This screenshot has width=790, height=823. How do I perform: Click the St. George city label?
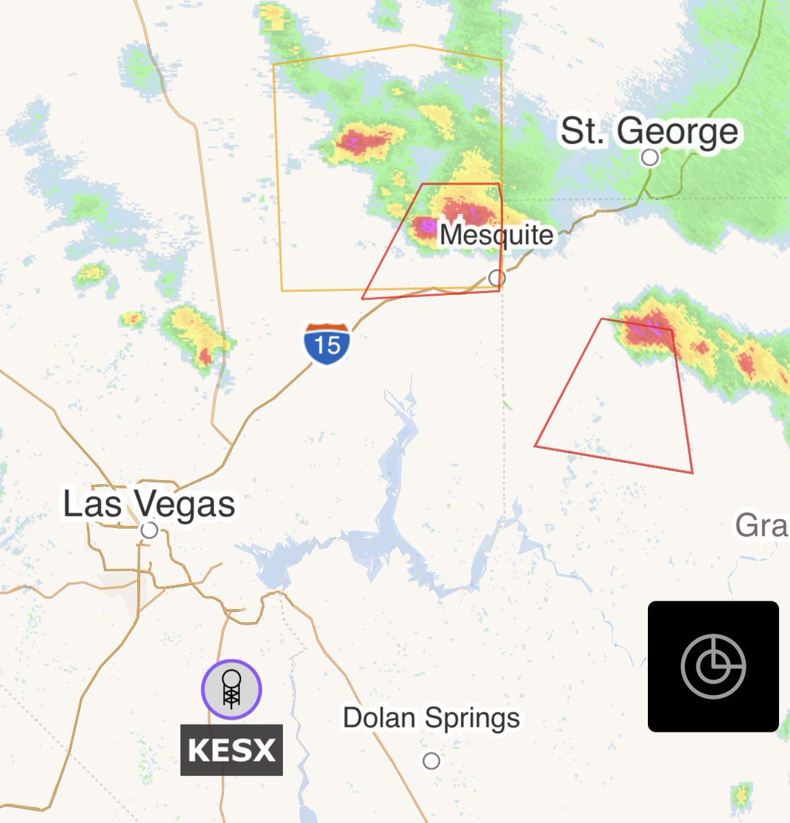[x=649, y=130]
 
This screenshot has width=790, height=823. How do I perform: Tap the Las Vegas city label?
[x=149, y=504]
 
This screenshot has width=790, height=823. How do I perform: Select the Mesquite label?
[x=496, y=235]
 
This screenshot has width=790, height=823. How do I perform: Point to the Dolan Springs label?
[x=431, y=718]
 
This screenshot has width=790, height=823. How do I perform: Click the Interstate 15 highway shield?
[x=327, y=343]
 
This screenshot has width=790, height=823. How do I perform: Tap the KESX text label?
[x=231, y=750]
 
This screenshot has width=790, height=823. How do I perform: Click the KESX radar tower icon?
[x=231, y=689]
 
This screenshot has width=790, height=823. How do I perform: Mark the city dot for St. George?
[x=649, y=158]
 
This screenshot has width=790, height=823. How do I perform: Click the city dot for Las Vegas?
[x=149, y=530]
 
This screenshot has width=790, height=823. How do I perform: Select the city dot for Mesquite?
[x=497, y=278]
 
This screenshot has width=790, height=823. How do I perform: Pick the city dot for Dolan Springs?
[x=431, y=761]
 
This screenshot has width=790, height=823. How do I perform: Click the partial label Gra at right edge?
[x=761, y=527]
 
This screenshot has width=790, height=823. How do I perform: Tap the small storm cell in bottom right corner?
[x=741, y=796]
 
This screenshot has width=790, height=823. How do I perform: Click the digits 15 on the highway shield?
[x=327, y=345]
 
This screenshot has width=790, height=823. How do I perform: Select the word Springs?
[x=472, y=719]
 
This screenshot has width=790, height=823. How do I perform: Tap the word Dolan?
[x=380, y=717]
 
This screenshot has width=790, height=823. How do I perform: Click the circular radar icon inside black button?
[x=713, y=666]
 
